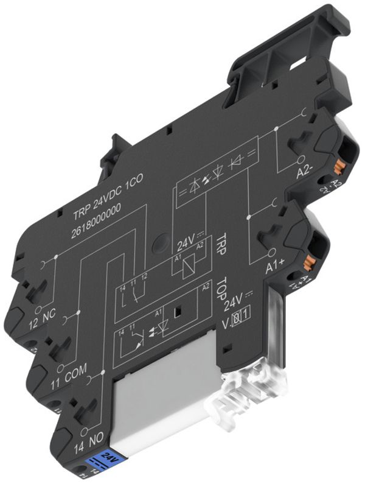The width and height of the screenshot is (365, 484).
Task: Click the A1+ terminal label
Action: (276, 265)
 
